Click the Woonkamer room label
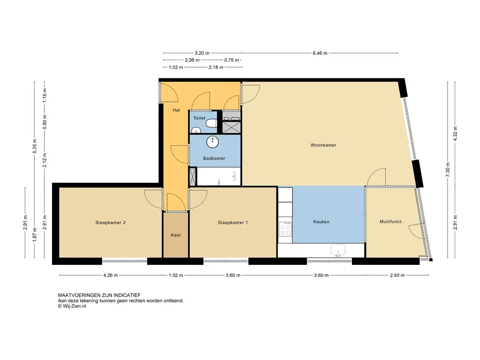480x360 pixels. [323, 145]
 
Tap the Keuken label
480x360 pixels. [321, 222]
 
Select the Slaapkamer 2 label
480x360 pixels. [110, 223]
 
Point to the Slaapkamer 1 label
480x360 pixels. [232, 223]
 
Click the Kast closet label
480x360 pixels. [176, 235]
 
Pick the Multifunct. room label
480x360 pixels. [391, 222]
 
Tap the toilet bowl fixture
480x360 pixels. [211, 123]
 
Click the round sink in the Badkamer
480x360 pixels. [212, 142]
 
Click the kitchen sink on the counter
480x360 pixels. [338, 250]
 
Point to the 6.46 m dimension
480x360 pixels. [320, 53]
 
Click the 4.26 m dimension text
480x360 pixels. [111, 275]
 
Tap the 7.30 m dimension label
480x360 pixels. [448, 170]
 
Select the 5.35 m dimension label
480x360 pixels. [35, 146]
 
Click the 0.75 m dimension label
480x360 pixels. [232, 60]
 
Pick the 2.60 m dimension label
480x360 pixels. [397, 275]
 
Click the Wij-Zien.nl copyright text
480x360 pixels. [72, 306]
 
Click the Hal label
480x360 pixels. [176, 110]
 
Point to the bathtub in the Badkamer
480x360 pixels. [219, 176]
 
